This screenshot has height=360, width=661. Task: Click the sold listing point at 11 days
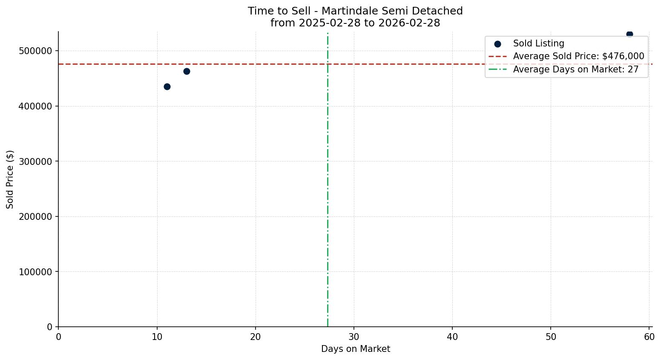pos(167,86)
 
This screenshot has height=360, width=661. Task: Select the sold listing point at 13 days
pos(187,71)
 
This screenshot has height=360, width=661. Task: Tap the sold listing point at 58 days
pos(629,34)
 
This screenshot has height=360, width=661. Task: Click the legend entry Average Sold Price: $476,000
pos(578,56)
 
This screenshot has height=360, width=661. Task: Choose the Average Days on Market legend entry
pos(575,69)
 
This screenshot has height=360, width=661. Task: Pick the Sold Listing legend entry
pos(538,43)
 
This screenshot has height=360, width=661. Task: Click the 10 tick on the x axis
pos(157,337)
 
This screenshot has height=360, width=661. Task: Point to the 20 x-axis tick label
pos(256,337)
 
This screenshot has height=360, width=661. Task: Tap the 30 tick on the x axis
pos(354,337)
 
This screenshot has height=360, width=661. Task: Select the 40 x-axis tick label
pos(452,337)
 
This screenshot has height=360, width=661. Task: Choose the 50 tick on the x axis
pos(551,337)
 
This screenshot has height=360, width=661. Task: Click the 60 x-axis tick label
pos(649,337)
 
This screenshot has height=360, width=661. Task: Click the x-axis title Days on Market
pos(356,349)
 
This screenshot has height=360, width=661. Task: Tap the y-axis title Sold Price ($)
pos(10,179)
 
